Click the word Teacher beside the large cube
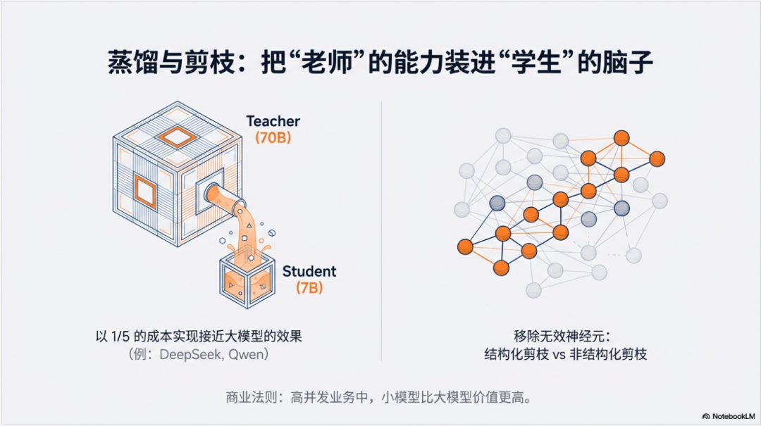point(273,121)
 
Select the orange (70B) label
point(273,138)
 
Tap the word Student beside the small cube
point(309,271)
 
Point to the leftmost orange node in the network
point(464,246)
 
